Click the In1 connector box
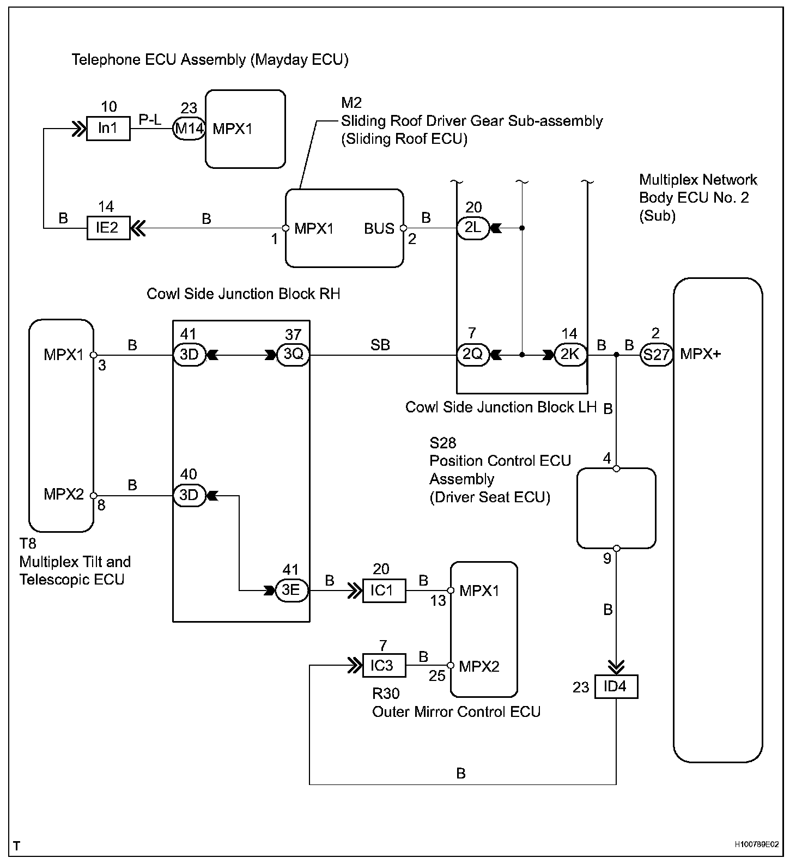(x=108, y=129)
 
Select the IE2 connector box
(x=108, y=228)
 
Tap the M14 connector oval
(x=189, y=129)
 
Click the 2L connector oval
(x=472, y=228)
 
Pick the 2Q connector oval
(x=472, y=355)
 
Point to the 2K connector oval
(x=570, y=355)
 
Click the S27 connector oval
(x=655, y=355)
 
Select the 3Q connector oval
(x=293, y=355)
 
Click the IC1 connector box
(x=384, y=591)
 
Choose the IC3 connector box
(x=384, y=666)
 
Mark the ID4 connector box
(x=616, y=687)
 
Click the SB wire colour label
(x=380, y=344)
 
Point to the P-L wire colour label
(x=150, y=120)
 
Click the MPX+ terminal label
(x=700, y=354)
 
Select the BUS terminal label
(x=379, y=228)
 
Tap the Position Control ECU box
(x=616, y=508)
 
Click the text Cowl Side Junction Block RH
(x=244, y=294)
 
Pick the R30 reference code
(x=386, y=693)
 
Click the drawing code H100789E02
(x=756, y=845)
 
